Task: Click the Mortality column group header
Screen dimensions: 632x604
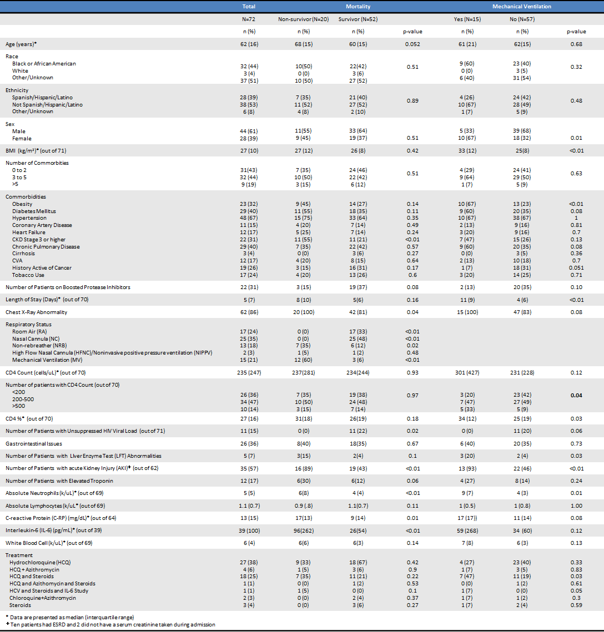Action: click(x=358, y=6)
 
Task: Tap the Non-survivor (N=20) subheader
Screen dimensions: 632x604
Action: click(x=303, y=19)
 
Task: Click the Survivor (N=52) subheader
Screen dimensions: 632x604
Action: click(x=358, y=19)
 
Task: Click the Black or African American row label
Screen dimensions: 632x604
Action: click(x=44, y=64)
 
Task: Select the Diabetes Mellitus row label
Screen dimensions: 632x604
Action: click(x=34, y=211)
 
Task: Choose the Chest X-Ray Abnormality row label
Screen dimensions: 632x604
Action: click(x=36, y=312)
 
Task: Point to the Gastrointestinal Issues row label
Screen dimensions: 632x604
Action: click(x=34, y=443)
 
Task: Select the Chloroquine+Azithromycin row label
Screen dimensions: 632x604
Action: click(x=43, y=598)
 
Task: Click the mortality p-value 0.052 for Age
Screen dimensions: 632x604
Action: click(x=412, y=44)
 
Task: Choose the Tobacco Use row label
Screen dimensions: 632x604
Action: click(x=28, y=275)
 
